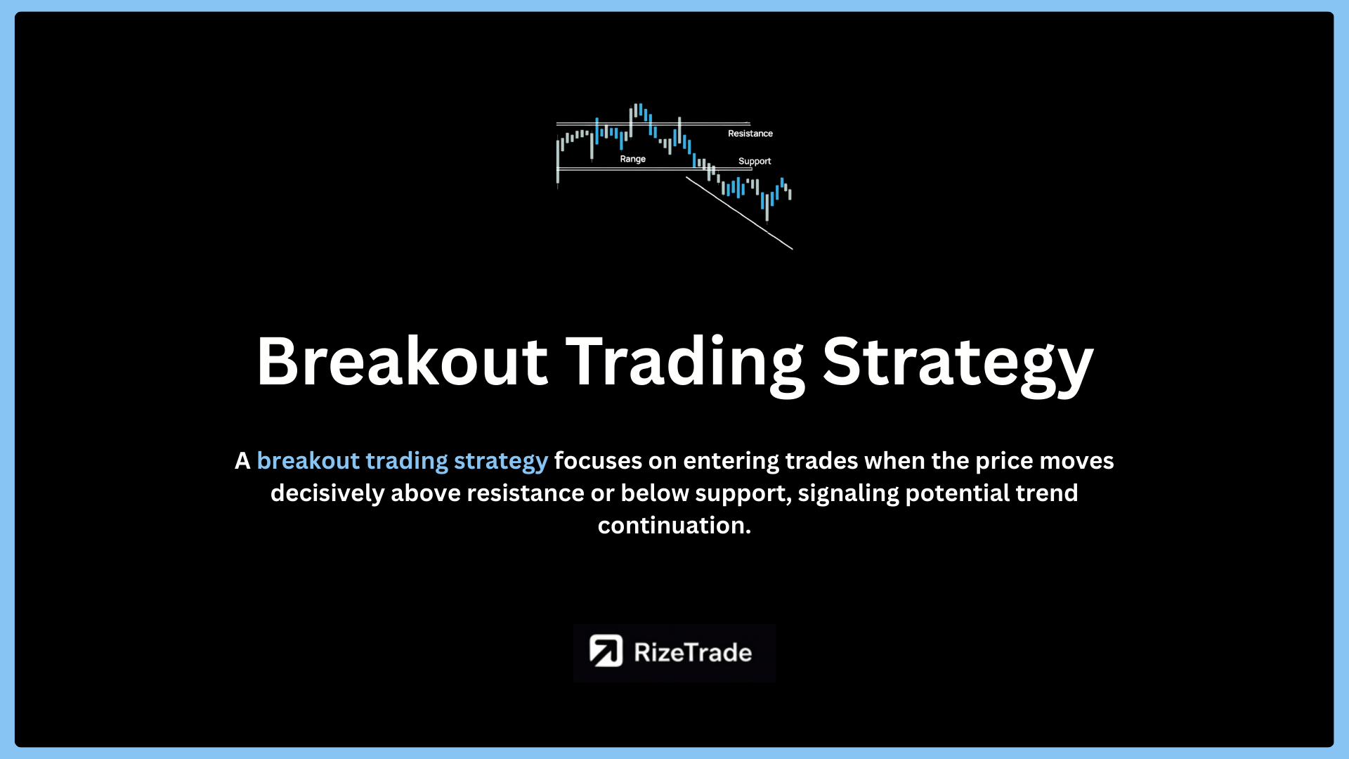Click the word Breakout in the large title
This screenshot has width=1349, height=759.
click(x=402, y=361)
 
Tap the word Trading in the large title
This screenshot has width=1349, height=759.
click(x=685, y=365)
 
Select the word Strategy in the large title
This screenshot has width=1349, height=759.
click(x=958, y=365)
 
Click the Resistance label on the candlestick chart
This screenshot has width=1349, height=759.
click(x=750, y=134)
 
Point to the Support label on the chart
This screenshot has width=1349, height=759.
click(x=755, y=162)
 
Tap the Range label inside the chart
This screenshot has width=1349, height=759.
click(x=632, y=160)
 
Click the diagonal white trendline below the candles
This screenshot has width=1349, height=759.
click(x=739, y=213)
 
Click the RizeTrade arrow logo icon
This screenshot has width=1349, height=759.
click(x=606, y=651)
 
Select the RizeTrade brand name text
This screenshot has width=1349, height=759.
click(x=693, y=652)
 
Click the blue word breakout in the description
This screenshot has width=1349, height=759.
click(x=308, y=461)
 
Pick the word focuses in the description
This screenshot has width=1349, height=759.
click(x=598, y=461)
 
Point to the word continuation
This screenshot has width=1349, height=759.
click(x=674, y=526)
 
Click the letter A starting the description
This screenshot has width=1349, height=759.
click(x=242, y=461)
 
